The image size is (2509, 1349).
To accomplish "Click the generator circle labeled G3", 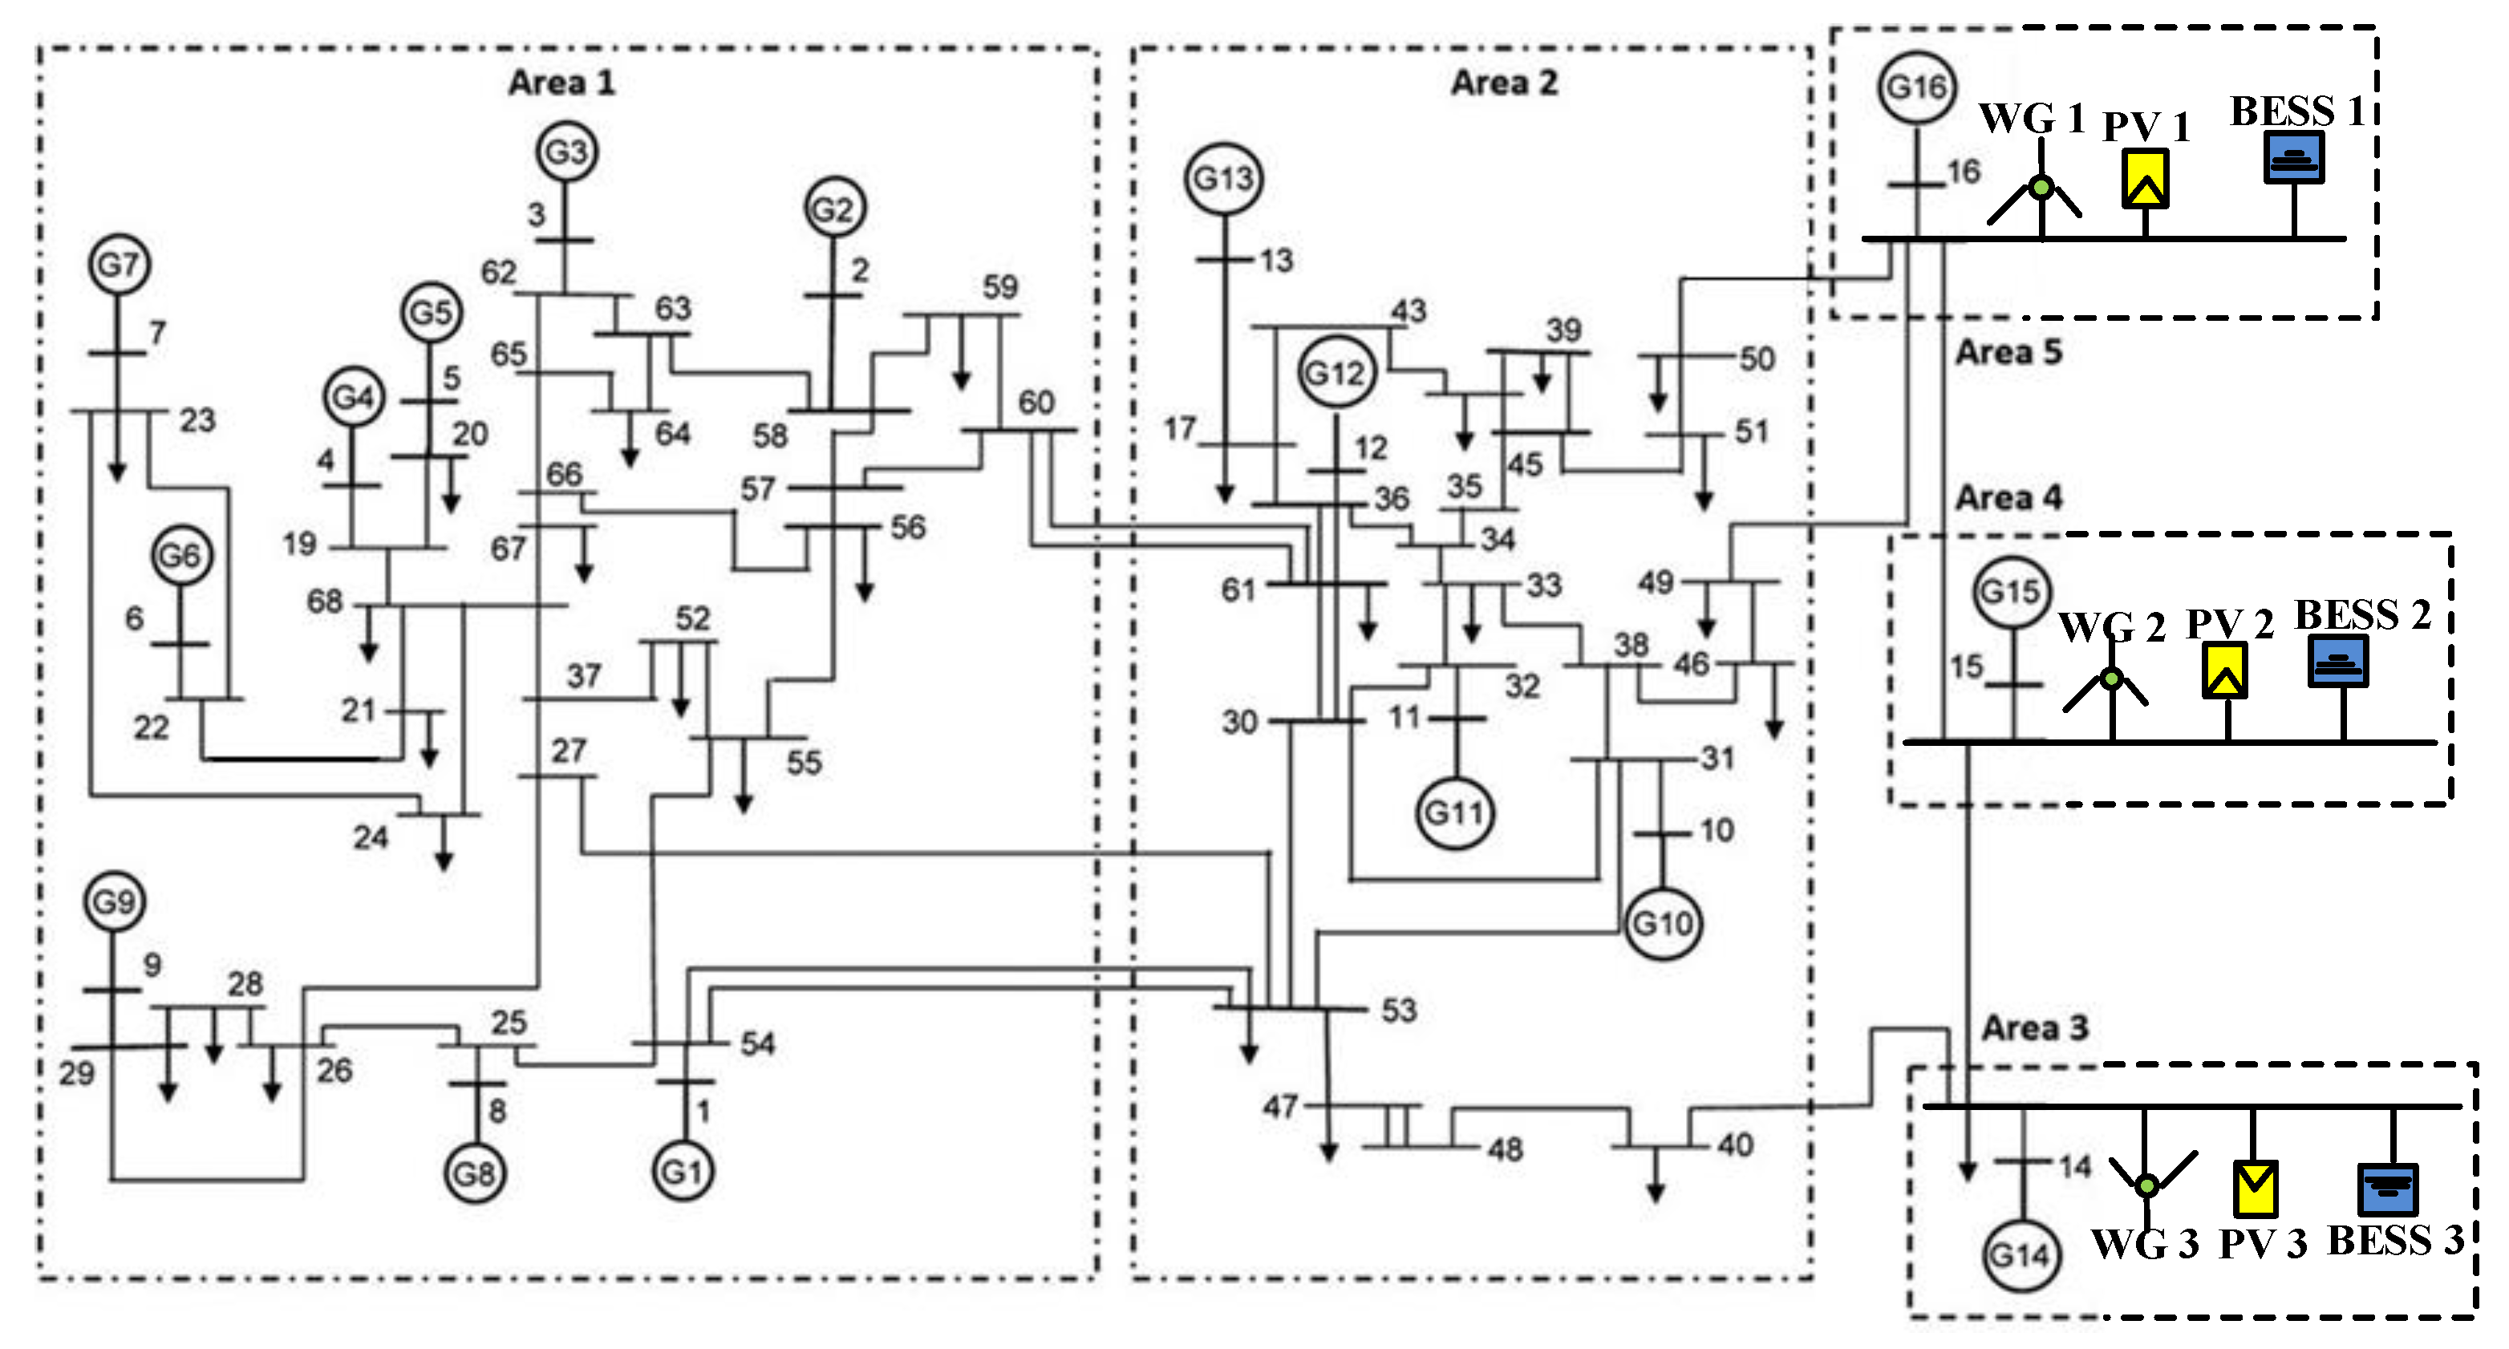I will click(x=566, y=152).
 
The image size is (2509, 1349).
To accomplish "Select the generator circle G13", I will click(x=1223, y=178).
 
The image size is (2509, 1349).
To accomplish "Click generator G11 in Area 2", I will click(x=1454, y=813).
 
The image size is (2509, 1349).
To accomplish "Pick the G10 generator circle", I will click(x=1663, y=923).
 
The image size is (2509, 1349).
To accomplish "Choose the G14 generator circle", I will click(x=2021, y=1254).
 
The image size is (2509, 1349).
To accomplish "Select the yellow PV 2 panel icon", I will click(x=2224, y=670).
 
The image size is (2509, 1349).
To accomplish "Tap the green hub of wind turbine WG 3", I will click(x=2146, y=1185).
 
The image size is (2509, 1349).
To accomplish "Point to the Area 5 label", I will click(x=2008, y=351).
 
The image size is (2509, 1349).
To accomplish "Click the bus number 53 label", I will click(x=1399, y=1010).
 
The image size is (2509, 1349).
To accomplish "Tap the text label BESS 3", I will click(x=2394, y=1241).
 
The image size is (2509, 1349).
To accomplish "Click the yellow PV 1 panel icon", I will click(x=2145, y=178).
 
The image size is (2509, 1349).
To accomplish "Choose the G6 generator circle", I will click(x=181, y=555).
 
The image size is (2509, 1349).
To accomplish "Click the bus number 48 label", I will click(x=1505, y=1150).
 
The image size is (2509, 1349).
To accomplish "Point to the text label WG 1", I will click(x=2031, y=119).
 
